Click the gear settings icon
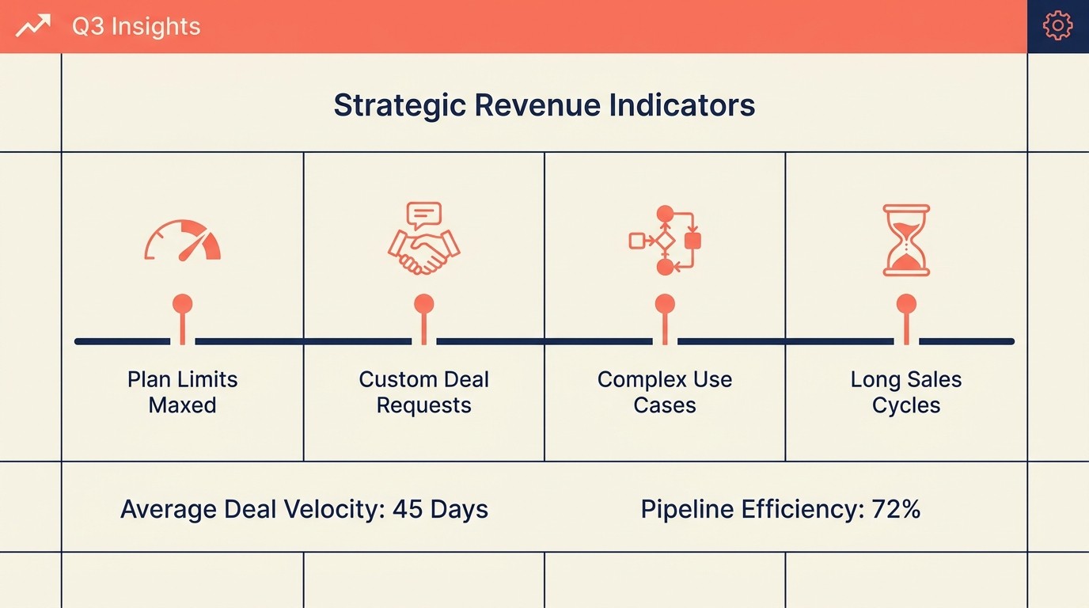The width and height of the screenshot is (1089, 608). click(x=1057, y=26)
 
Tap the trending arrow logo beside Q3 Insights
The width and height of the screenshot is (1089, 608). click(x=33, y=25)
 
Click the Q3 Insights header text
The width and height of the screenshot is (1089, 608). click(x=136, y=26)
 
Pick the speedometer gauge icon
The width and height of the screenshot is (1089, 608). click(x=182, y=241)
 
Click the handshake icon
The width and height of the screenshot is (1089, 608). click(x=424, y=252)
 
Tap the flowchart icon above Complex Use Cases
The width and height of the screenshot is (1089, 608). click(x=665, y=241)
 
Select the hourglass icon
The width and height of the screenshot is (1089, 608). click(x=906, y=241)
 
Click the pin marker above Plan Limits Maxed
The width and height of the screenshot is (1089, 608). click(x=182, y=319)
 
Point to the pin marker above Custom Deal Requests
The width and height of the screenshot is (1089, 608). click(x=424, y=319)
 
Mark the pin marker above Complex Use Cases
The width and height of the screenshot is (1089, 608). click(x=665, y=319)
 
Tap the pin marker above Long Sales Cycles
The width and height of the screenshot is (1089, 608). click(x=906, y=319)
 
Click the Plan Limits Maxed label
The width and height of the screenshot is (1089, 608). click(x=182, y=392)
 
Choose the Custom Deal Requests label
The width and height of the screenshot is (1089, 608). click(x=424, y=392)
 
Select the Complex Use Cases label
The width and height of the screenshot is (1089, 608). click(x=665, y=392)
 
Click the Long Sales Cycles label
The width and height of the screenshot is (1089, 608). click(x=906, y=392)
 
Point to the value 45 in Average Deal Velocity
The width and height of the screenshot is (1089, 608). click(x=408, y=509)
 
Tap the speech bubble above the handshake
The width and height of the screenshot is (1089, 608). click(x=424, y=215)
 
